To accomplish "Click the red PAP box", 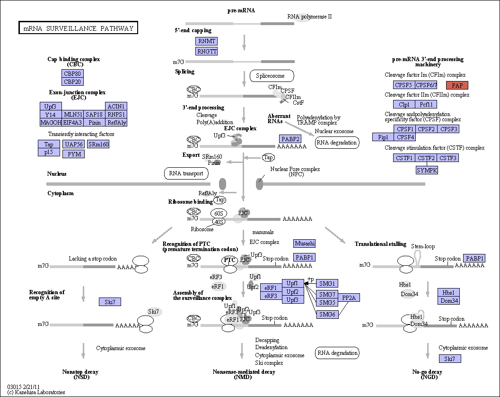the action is click(x=457, y=85).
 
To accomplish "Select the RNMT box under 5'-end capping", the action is click(x=206, y=41).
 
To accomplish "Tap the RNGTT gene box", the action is click(x=206, y=51).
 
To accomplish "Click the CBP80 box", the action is click(x=72, y=73).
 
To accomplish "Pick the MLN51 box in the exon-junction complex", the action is click(x=73, y=114).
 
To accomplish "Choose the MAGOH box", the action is click(x=51, y=122).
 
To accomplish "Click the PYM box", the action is click(x=74, y=154).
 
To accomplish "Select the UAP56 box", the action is click(x=74, y=144).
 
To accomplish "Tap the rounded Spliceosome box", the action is click(x=272, y=76).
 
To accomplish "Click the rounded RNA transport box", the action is click(x=186, y=173).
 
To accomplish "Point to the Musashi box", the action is click(x=305, y=244).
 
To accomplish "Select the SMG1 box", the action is click(x=327, y=283).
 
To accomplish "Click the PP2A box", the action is click(x=349, y=298).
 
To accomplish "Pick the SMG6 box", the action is click(x=327, y=314).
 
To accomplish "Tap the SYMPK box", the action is click(x=427, y=170).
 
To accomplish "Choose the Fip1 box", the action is click(x=383, y=137).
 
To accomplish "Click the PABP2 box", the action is click(x=290, y=139).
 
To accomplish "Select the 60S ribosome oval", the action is click(x=219, y=213).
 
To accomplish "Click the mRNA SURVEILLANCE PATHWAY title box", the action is click(x=78, y=28).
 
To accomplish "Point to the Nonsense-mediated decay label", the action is click(x=244, y=372).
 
